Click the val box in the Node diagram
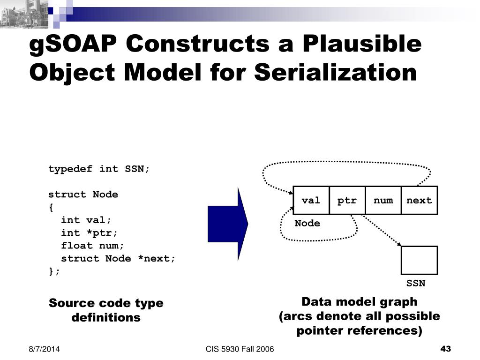click(x=311, y=201)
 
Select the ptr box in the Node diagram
click(x=347, y=201)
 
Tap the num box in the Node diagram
click(x=383, y=201)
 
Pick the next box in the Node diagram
click(x=420, y=201)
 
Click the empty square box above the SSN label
click(x=420, y=260)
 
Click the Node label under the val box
click(x=307, y=224)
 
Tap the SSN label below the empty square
click(x=416, y=284)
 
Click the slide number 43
click(x=446, y=349)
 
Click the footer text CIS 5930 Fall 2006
click(x=240, y=349)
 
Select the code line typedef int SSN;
click(x=99, y=169)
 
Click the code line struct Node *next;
click(x=118, y=258)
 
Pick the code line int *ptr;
click(x=90, y=233)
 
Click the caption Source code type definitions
click(x=106, y=310)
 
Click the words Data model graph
click(x=360, y=301)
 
